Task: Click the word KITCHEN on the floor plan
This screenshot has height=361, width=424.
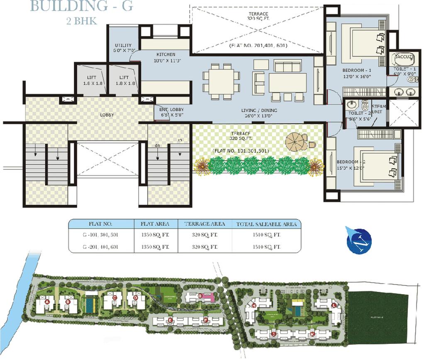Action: point(166,54)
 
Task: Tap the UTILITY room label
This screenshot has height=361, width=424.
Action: point(123,45)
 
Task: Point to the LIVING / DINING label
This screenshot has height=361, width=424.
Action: point(260,111)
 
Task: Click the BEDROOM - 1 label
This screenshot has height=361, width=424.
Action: point(353,71)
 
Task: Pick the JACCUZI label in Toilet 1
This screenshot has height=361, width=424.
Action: point(402,56)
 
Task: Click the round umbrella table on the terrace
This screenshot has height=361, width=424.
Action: point(295,141)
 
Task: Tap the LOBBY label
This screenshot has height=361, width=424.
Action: point(107,115)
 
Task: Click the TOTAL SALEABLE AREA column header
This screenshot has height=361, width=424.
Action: point(266,224)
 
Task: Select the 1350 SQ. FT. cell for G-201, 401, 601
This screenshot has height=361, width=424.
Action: point(152,246)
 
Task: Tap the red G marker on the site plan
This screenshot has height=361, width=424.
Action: point(200,296)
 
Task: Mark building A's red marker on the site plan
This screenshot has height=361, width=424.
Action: point(47,302)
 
